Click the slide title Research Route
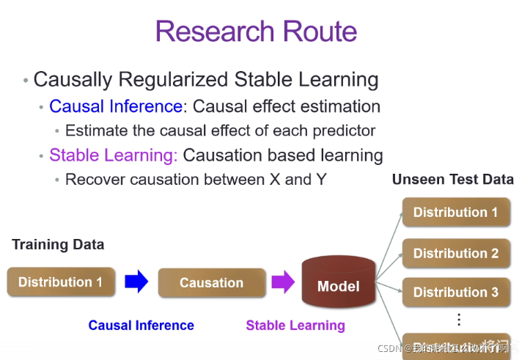coord(256,32)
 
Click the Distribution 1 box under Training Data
coord(61,282)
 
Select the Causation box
coord(211,283)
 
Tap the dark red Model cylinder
coord(338,284)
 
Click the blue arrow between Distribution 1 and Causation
coord(136,282)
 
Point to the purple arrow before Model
coord(282,282)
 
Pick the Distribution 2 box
coord(455,254)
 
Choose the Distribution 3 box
coord(455,293)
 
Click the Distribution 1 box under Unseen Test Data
coord(455,213)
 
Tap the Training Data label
coord(58,245)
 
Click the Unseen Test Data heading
coord(452,180)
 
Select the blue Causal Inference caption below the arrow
coord(141,326)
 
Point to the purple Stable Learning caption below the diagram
coord(295,326)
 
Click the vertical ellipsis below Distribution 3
coord(459,320)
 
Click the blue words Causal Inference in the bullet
coord(116,106)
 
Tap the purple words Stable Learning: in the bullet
coord(114,155)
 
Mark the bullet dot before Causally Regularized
coord(26,80)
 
